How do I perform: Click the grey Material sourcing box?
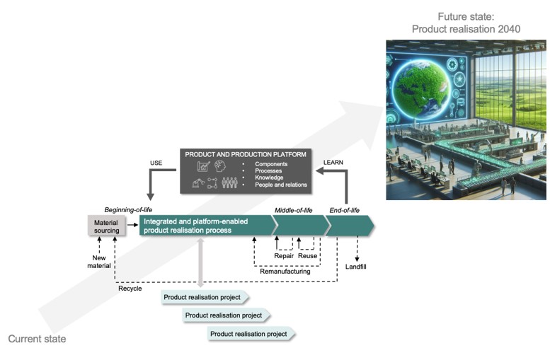click(107, 226)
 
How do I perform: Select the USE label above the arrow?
click(156, 163)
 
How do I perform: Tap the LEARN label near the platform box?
click(333, 163)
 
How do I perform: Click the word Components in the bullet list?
click(271, 164)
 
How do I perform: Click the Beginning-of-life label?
click(128, 209)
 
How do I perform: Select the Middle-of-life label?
click(293, 210)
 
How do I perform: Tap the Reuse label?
click(308, 256)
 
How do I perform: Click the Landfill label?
click(356, 267)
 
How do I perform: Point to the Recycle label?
click(130, 289)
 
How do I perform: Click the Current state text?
click(37, 339)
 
